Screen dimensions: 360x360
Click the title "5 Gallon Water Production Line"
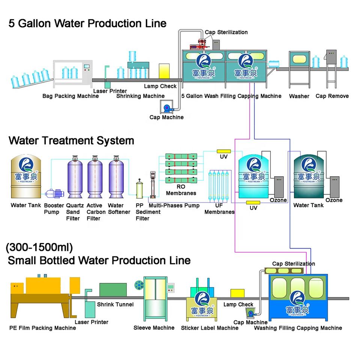(87, 23)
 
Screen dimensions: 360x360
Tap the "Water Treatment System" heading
(71, 141)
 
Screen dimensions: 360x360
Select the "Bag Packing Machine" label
(70, 96)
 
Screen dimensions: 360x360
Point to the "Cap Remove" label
(332, 96)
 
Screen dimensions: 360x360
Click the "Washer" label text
(299, 96)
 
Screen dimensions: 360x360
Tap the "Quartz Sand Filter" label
(73, 212)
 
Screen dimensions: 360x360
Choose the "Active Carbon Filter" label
(94, 212)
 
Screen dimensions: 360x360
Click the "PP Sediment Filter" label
(142, 212)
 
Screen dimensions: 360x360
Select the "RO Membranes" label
(181, 190)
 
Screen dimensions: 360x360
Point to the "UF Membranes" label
(219, 208)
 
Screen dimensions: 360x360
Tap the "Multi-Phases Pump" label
(174, 205)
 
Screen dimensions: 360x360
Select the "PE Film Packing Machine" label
(42, 328)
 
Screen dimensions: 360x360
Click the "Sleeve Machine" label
(154, 328)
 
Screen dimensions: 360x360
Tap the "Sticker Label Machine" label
(210, 328)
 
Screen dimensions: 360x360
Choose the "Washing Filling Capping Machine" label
(298, 328)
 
